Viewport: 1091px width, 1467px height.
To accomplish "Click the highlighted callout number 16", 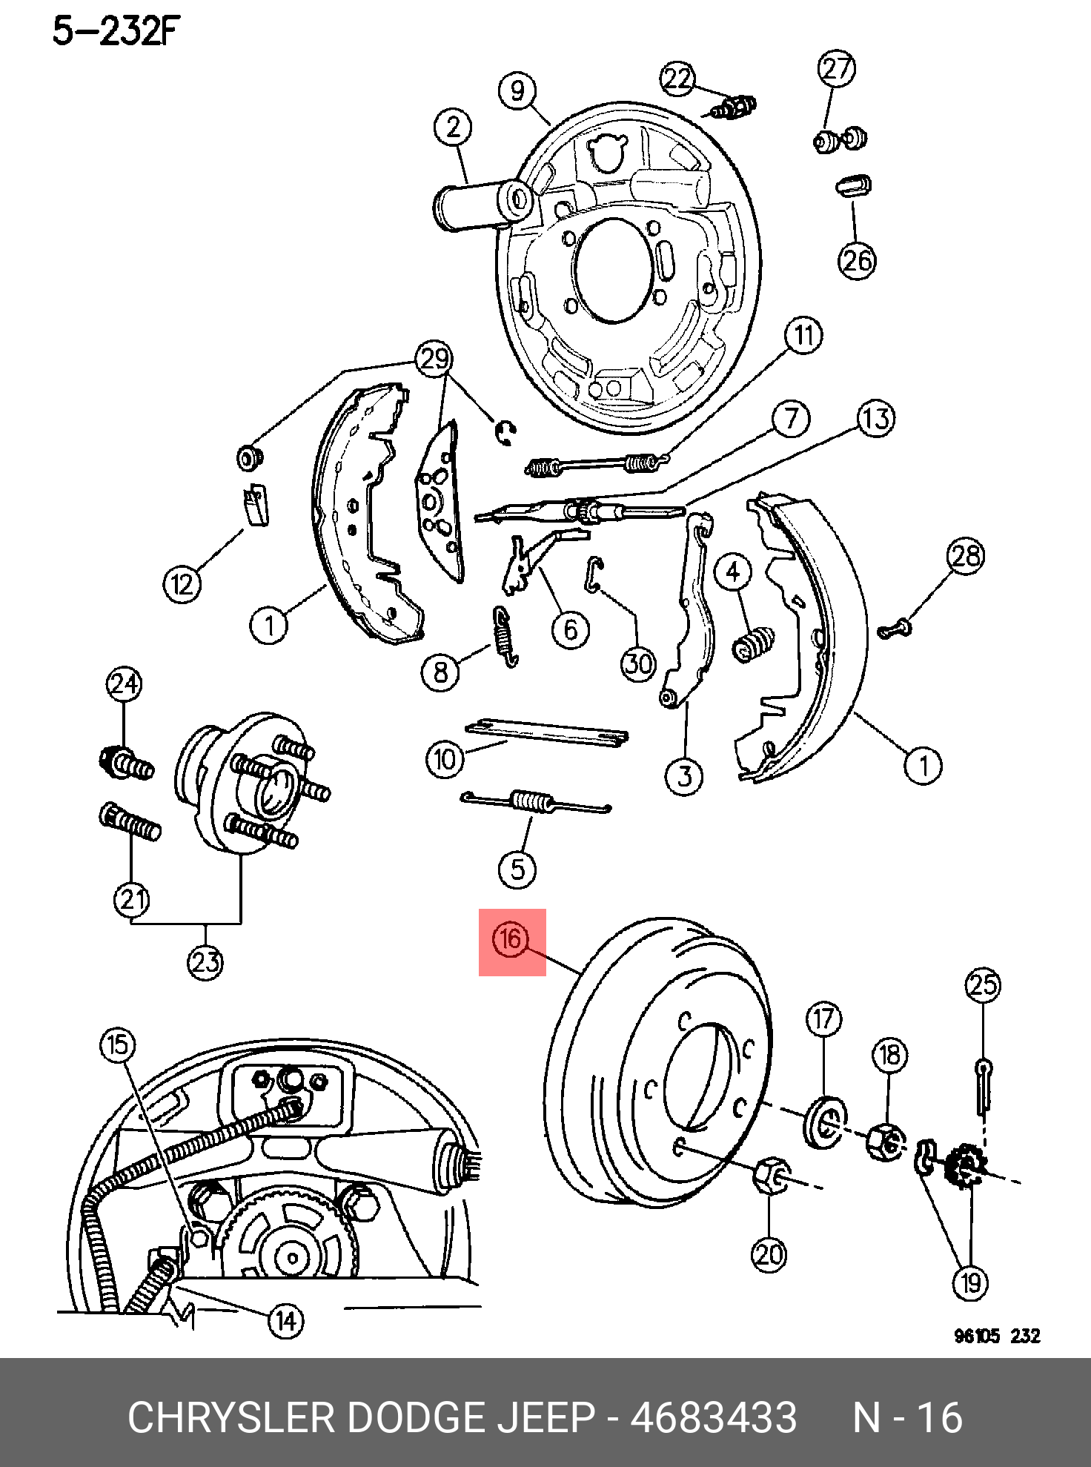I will (511, 940).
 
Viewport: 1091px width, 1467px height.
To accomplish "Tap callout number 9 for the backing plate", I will (517, 90).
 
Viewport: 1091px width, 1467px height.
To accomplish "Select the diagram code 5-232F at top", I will (116, 31).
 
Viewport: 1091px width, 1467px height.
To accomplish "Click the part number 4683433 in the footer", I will (713, 1417).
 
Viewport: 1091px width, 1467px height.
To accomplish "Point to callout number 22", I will (677, 79).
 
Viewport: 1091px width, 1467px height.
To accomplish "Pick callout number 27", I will (837, 68).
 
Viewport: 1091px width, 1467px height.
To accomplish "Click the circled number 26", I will (857, 260).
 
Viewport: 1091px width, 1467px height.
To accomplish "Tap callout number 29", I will (434, 359).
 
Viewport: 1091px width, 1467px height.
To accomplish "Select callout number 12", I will (182, 584).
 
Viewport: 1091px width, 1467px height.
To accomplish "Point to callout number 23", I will (205, 962).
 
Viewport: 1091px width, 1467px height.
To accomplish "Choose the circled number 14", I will (286, 1321).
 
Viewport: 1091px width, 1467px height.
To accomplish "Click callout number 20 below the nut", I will (769, 1254).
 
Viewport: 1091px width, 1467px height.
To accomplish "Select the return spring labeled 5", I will (532, 802).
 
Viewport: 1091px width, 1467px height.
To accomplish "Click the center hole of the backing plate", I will (613, 271).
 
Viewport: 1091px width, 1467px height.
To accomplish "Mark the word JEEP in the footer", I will (545, 1417).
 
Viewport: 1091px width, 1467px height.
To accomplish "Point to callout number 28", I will (966, 555).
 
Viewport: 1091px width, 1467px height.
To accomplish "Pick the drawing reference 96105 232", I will (997, 1336).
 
